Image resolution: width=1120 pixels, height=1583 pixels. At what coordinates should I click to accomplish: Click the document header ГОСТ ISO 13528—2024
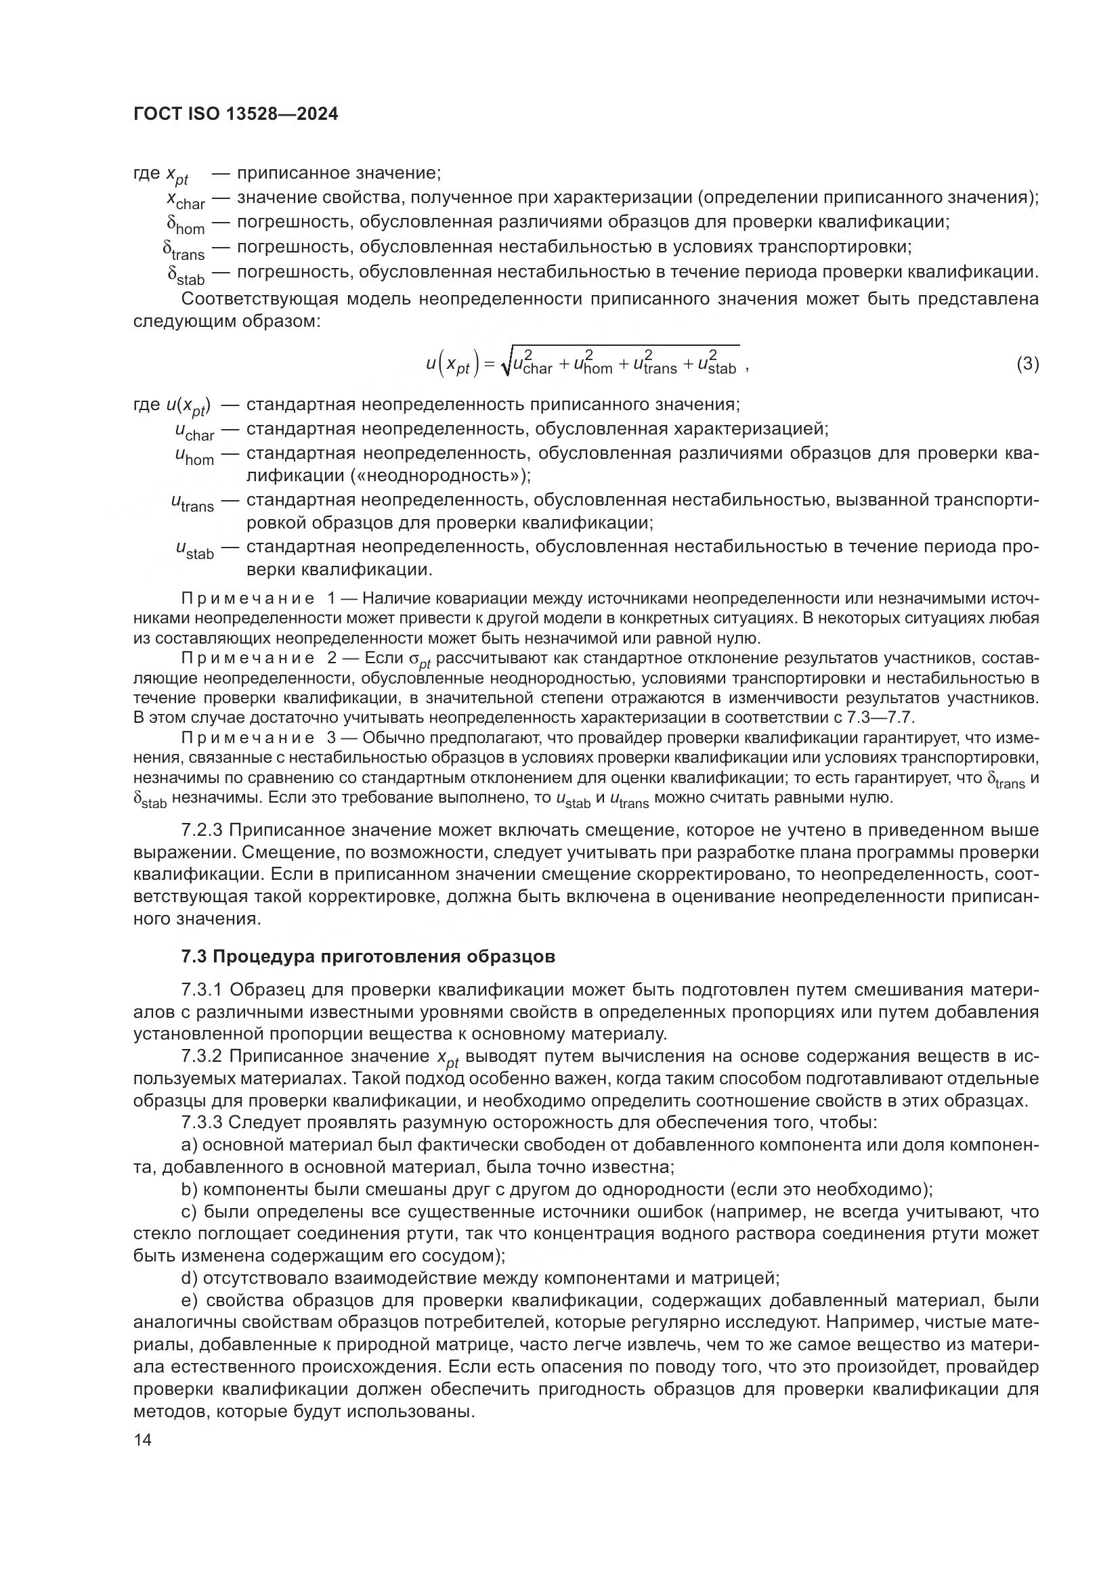235,114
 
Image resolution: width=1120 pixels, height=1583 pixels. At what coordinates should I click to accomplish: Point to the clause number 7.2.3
202,830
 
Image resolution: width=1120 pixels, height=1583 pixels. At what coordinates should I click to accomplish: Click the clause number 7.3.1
202,990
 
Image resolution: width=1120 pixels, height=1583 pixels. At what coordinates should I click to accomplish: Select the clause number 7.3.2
202,1056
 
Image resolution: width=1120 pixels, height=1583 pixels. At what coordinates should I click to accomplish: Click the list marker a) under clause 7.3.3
189,1145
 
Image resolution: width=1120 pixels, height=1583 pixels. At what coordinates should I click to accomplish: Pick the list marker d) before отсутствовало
189,1278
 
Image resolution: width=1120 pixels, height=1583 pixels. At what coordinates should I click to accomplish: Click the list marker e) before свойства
189,1300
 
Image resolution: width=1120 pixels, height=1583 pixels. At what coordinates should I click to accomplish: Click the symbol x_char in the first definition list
185,200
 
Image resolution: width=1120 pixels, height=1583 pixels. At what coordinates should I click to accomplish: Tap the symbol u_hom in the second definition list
194,455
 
